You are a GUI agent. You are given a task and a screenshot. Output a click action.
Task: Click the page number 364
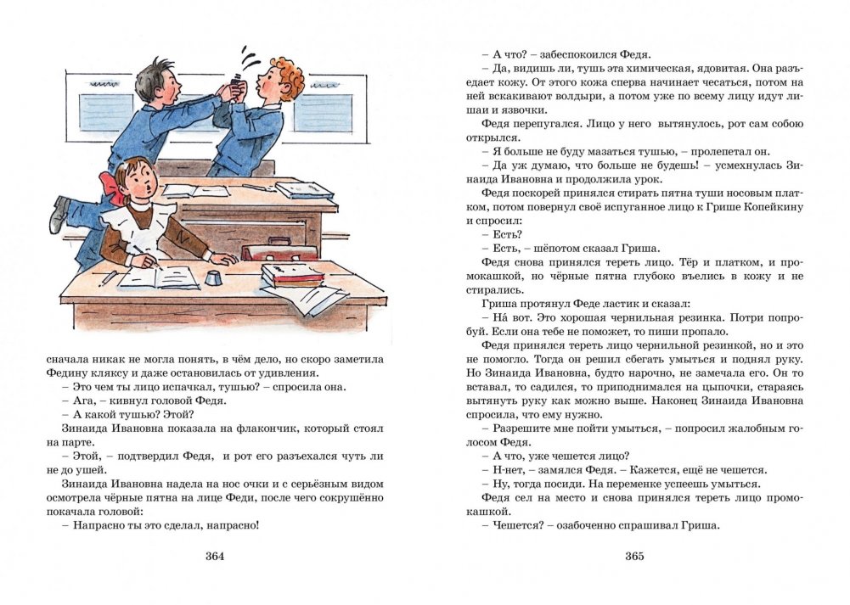(214, 557)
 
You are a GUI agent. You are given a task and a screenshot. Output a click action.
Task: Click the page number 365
(635, 557)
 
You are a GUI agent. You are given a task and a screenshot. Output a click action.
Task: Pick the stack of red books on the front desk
(293, 275)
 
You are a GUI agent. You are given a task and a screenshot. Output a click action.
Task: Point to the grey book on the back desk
(304, 190)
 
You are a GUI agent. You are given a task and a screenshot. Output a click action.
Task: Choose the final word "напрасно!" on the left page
(230, 524)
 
